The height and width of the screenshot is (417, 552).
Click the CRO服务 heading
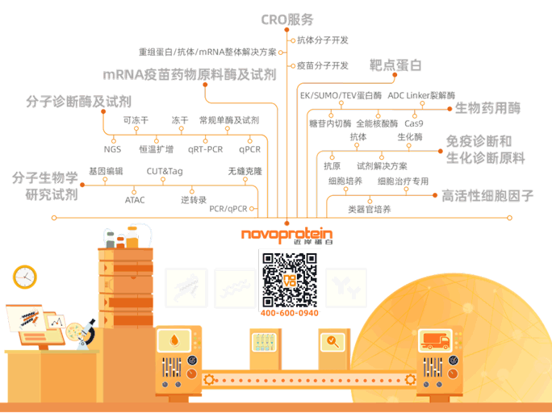click(286, 19)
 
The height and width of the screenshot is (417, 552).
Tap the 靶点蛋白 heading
click(395, 65)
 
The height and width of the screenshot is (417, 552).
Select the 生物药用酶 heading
click(488, 107)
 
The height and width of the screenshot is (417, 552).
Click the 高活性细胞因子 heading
click(487, 195)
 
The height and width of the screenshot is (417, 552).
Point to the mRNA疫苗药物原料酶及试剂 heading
click(190, 75)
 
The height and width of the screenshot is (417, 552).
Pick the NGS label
click(112, 149)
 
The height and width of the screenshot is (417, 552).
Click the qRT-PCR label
click(205, 149)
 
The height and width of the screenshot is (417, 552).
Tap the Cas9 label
click(414, 123)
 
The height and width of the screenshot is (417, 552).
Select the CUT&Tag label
click(164, 171)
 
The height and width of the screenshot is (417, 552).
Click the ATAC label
click(135, 199)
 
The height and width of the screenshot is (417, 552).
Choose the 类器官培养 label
click(369, 209)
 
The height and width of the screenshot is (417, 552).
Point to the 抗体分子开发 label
click(322, 40)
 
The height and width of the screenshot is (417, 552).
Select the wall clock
click(25, 277)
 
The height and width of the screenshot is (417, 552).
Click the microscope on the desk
click(87, 332)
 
